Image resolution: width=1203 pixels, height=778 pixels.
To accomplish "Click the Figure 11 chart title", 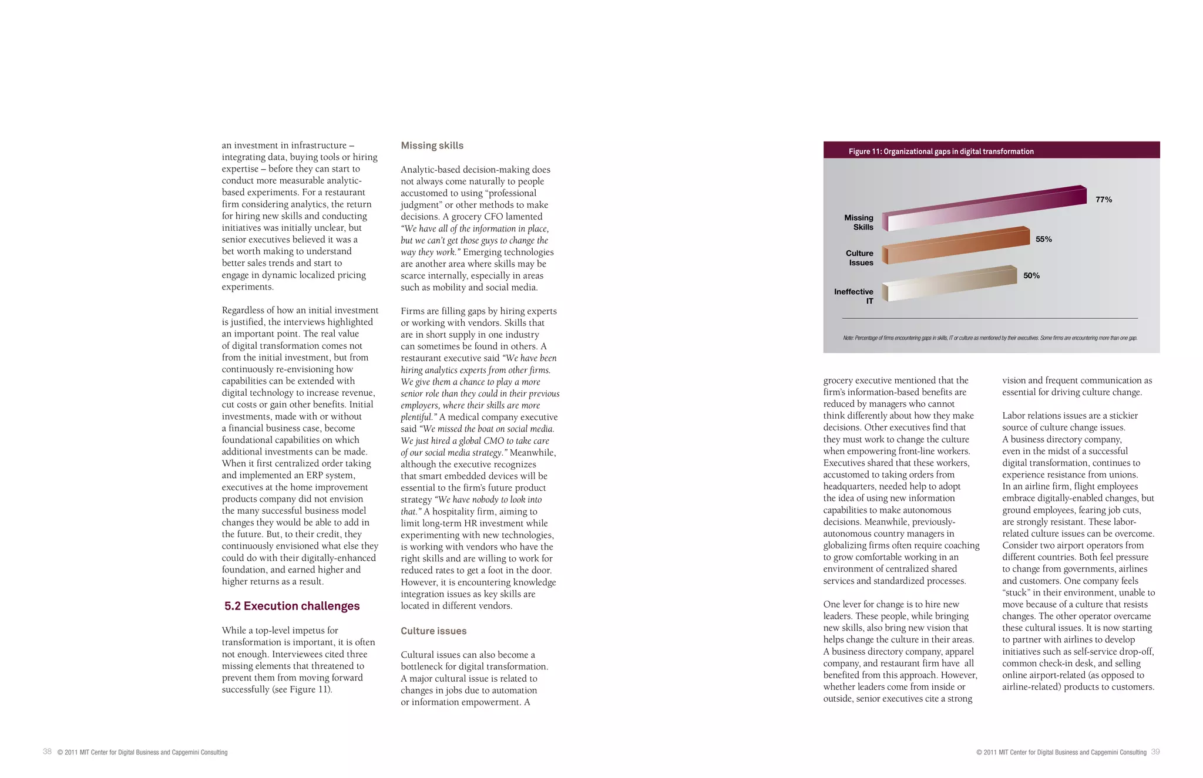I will (x=940, y=151).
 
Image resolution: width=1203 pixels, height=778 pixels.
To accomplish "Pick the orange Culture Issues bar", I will (x=957, y=245).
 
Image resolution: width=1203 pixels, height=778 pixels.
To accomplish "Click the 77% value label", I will (x=1103, y=200).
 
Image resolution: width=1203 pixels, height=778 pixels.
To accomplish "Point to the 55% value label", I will (x=1043, y=239).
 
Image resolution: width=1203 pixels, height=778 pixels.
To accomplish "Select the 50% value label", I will (x=1031, y=275).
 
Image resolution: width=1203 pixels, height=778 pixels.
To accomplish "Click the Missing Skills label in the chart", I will (x=859, y=223).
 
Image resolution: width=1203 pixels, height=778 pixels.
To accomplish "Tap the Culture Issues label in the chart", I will (x=859, y=258).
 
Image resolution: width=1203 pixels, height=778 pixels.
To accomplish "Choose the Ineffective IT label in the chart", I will (x=854, y=296).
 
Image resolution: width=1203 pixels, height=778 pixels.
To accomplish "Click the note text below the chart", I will (x=990, y=338).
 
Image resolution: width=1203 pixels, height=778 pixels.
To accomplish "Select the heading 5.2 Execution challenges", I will (x=292, y=606).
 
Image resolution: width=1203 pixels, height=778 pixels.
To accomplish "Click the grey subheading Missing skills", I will (x=432, y=146).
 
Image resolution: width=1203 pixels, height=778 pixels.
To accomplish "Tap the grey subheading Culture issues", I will (x=434, y=631).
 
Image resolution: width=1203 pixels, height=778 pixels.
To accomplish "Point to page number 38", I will (x=47, y=752).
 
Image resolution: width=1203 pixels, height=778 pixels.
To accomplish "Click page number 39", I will (x=1155, y=752).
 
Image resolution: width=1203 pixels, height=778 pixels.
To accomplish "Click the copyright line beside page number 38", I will (x=142, y=752).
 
